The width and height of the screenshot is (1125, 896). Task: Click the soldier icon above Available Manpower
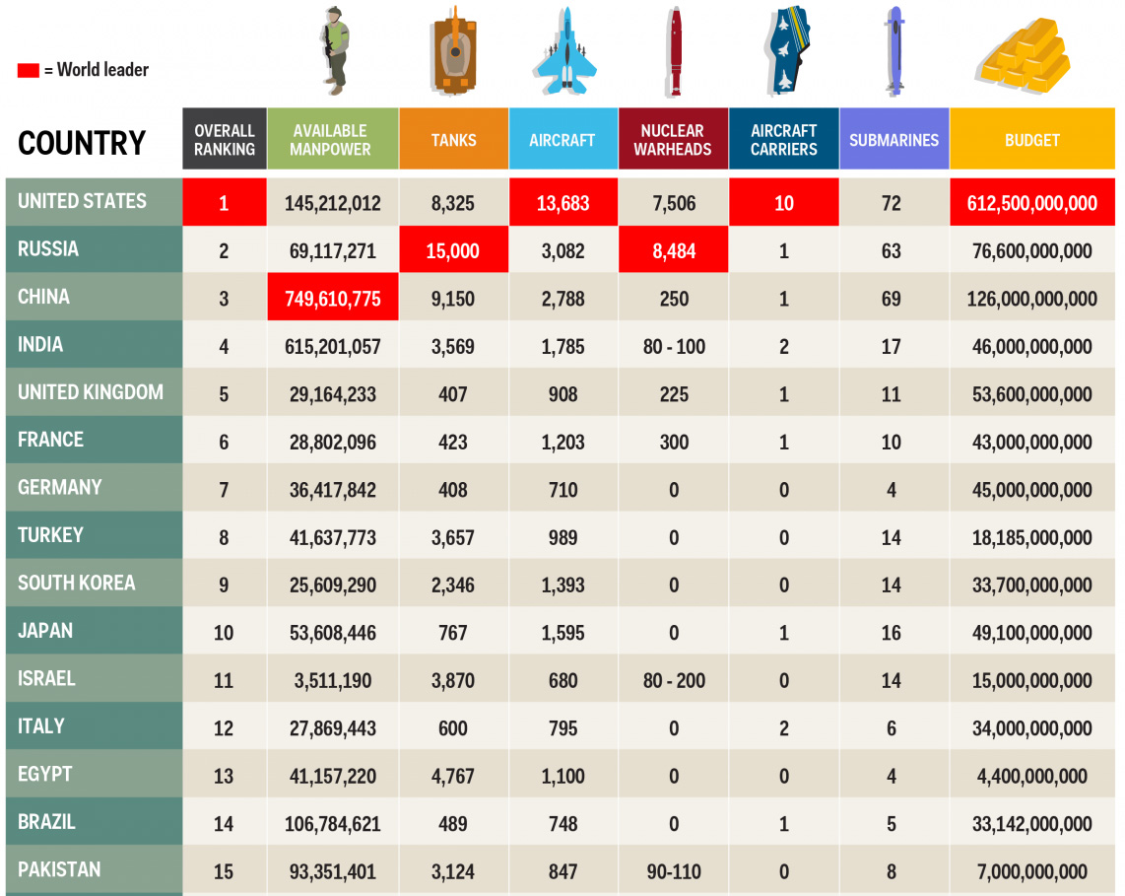(336, 51)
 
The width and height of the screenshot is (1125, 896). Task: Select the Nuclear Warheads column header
(673, 140)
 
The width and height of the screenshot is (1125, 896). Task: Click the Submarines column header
(893, 140)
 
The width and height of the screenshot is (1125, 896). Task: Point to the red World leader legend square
(28, 70)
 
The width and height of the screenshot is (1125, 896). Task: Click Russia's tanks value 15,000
(453, 251)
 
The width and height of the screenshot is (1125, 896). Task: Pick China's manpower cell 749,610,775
(333, 299)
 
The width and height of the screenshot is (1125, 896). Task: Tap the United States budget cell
(1032, 203)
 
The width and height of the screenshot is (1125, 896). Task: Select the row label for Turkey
(51, 535)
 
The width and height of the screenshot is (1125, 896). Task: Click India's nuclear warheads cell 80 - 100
(674, 347)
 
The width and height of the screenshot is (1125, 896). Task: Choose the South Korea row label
(77, 583)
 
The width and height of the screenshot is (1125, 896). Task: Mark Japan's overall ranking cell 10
(224, 633)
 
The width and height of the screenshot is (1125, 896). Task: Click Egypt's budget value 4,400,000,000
(1032, 776)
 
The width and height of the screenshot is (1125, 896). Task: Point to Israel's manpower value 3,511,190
(333, 680)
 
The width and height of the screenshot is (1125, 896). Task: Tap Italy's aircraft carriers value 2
(784, 728)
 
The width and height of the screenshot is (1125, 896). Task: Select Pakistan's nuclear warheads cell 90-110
(674, 871)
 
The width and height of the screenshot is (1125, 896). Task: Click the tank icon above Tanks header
(454, 54)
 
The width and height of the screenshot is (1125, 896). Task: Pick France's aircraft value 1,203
(563, 443)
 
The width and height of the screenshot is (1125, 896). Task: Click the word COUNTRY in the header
(82, 143)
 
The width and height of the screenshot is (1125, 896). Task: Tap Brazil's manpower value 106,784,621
(333, 824)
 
